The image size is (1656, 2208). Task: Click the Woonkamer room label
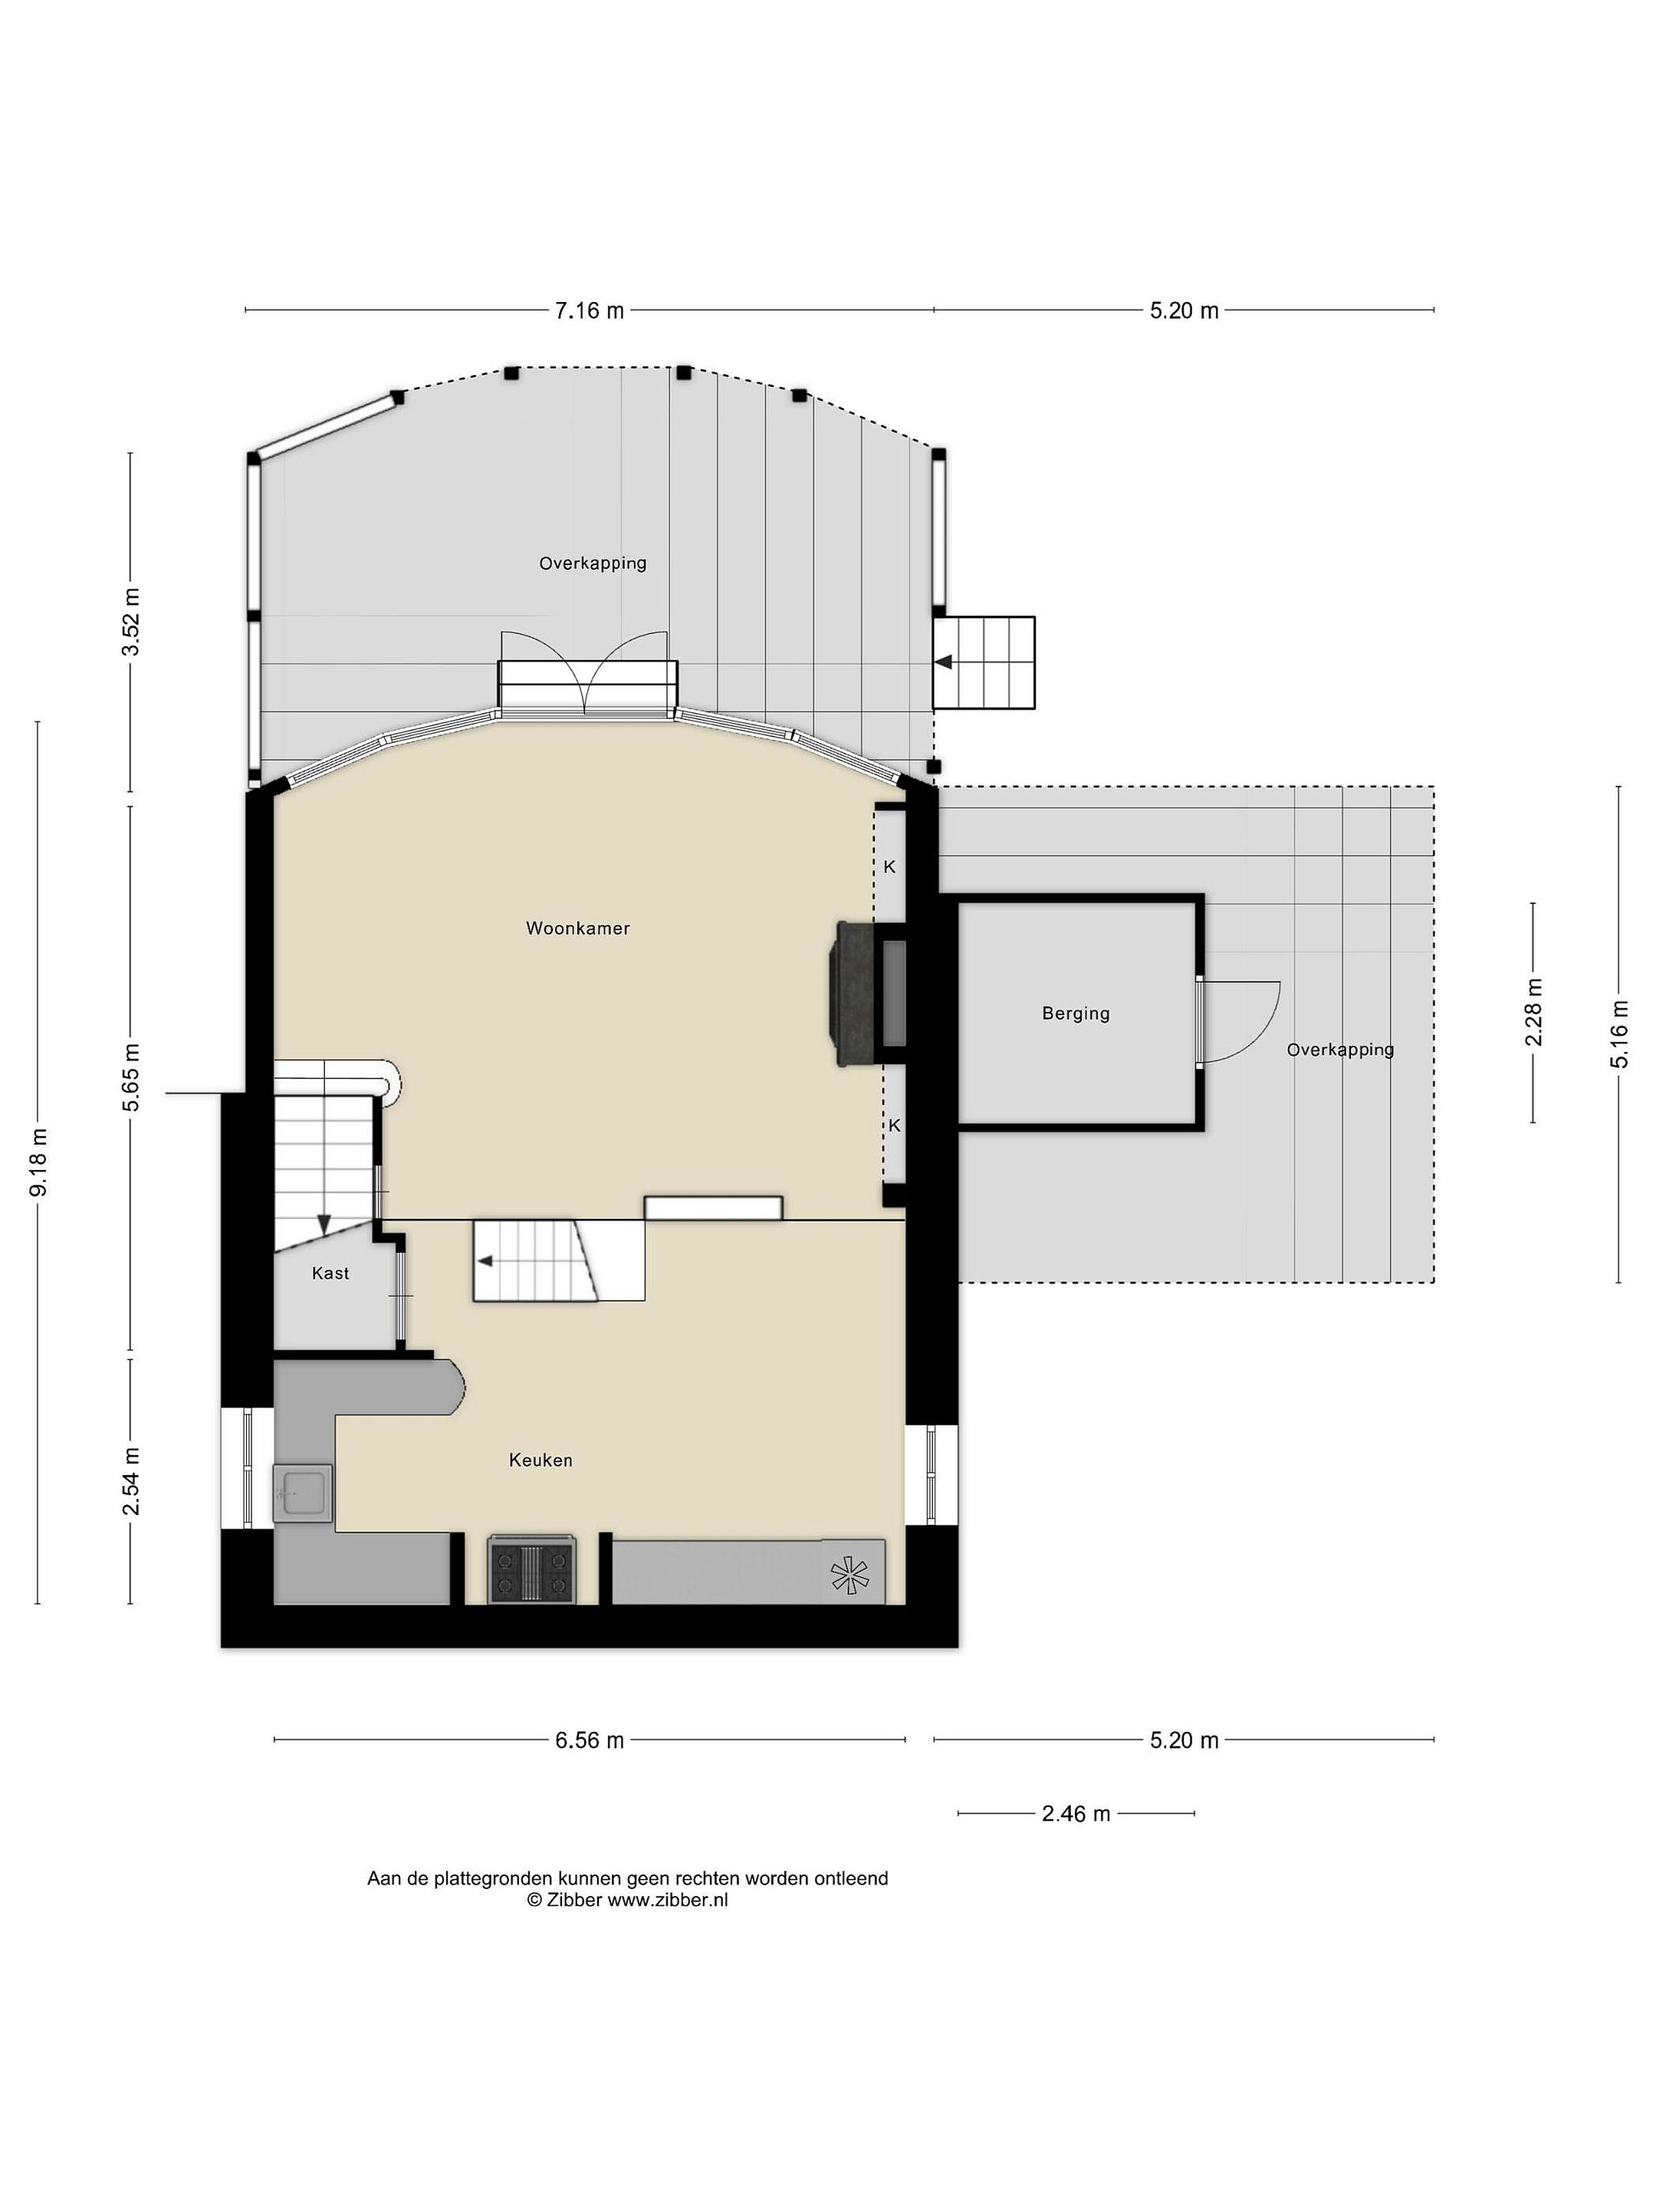577,928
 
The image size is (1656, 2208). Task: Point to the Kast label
330,1273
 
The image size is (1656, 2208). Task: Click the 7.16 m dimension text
590,310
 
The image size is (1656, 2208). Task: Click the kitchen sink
301,1493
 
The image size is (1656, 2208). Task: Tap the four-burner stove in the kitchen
532,1570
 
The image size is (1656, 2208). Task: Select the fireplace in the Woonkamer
866,993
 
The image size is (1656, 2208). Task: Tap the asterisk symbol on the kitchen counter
849,1575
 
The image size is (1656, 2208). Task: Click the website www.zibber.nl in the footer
668,1900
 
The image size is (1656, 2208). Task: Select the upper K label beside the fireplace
889,866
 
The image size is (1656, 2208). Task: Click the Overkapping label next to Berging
1339,1050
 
